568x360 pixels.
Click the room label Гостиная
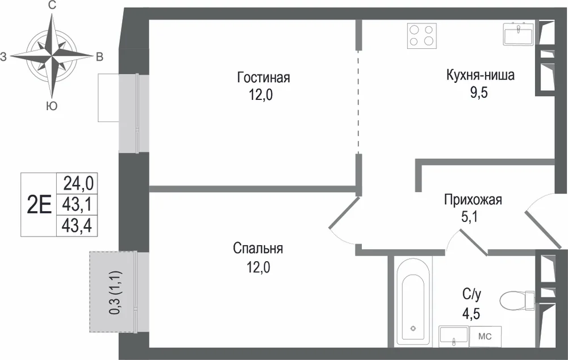(x=264, y=77)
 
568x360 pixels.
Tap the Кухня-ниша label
(x=481, y=76)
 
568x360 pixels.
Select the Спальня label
(x=258, y=249)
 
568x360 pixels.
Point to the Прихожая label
(x=473, y=200)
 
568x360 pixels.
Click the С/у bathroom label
(x=471, y=295)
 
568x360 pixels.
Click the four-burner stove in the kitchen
(x=421, y=36)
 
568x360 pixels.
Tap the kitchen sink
(x=517, y=34)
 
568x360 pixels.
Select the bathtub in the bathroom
(x=413, y=302)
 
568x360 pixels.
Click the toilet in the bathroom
(x=517, y=299)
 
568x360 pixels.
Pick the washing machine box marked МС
(x=485, y=337)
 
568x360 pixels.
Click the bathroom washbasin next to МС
(x=454, y=337)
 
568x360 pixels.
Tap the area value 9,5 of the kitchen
(x=479, y=93)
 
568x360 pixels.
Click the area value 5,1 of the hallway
(x=470, y=216)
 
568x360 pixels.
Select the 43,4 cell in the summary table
(x=77, y=226)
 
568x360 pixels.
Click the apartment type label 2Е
(x=39, y=205)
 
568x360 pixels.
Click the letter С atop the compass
(x=52, y=6)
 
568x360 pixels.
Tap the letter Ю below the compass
(x=52, y=106)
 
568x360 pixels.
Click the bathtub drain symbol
(x=413, y=329)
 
